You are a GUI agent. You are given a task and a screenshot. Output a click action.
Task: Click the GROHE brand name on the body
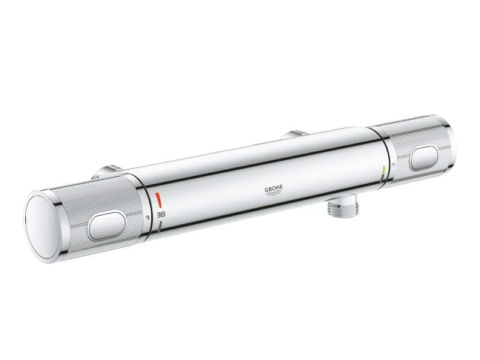click(x=274, y=189)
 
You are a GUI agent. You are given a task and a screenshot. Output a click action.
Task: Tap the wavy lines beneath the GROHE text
click(x=274, y=195)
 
